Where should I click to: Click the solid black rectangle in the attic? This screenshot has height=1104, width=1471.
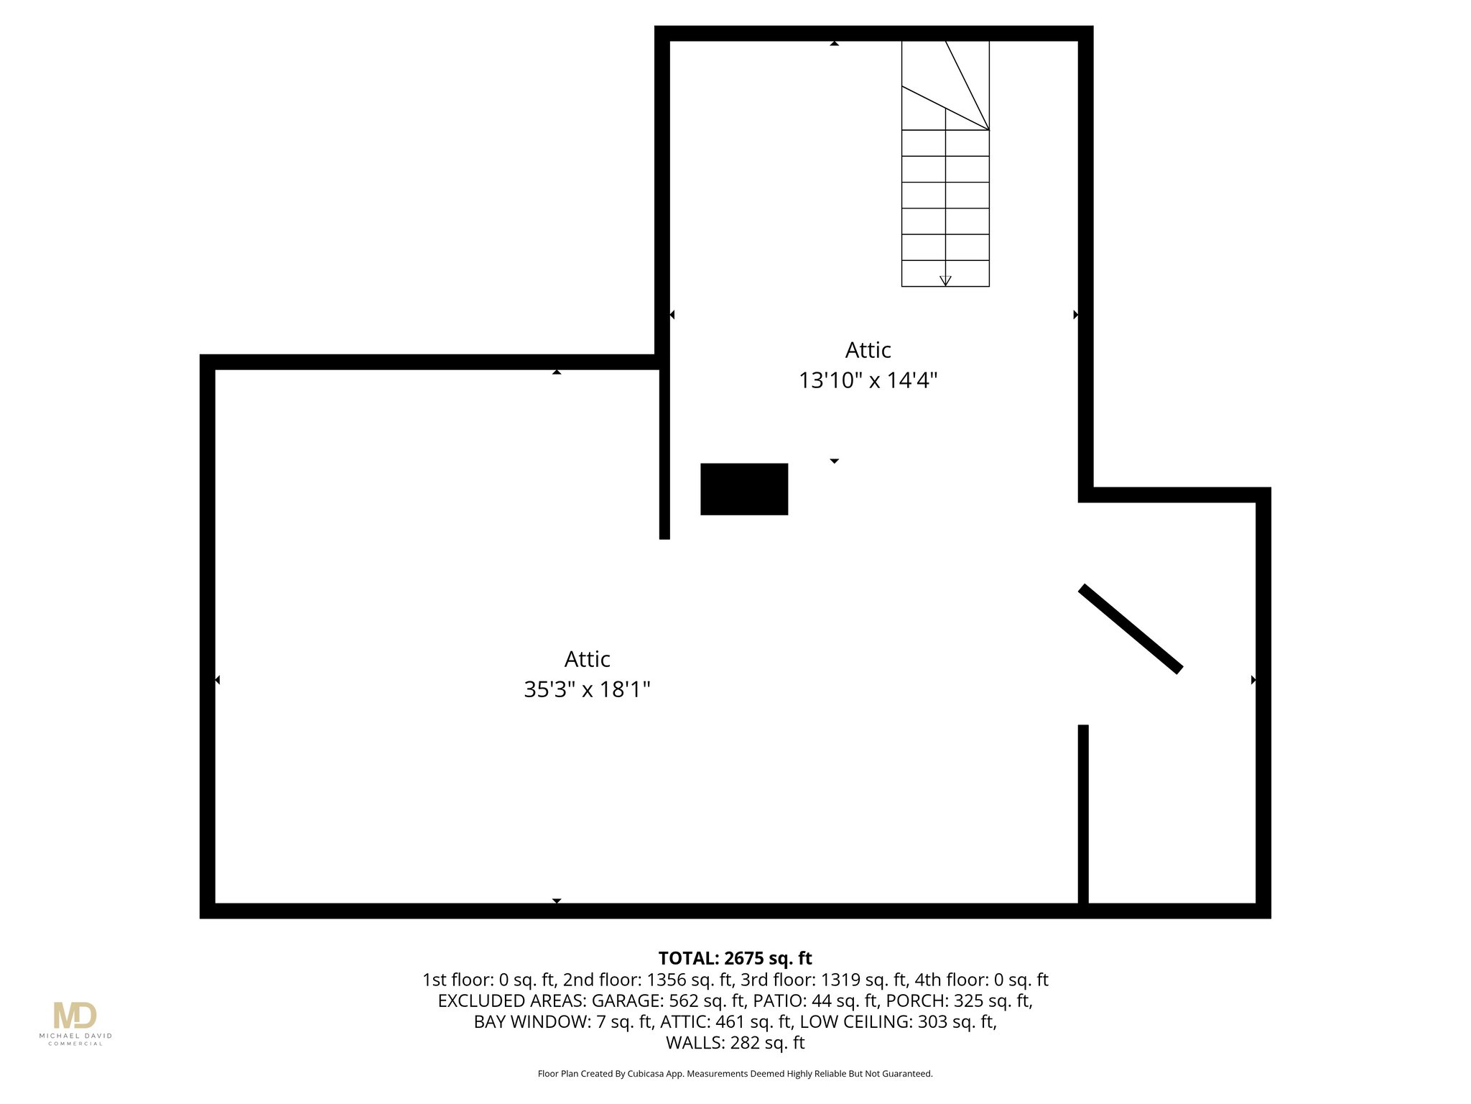(744, 489)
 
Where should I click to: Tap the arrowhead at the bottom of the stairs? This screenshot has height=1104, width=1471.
(945, 281)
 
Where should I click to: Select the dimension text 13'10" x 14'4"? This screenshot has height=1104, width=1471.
(868, 380)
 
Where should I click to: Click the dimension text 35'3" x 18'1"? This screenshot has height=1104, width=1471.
(587, 690)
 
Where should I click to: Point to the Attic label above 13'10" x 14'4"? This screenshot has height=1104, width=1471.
(868, 350)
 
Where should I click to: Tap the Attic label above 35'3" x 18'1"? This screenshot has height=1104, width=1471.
(587, 659)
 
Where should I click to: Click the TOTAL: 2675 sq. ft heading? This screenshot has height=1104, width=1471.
(735, 958)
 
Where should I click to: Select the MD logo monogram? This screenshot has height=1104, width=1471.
(75, 1016)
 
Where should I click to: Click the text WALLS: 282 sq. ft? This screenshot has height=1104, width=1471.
(735, 1042)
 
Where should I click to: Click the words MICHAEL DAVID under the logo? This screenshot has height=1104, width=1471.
(75, 1036)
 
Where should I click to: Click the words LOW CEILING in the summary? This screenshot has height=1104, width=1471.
(855, 1021)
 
